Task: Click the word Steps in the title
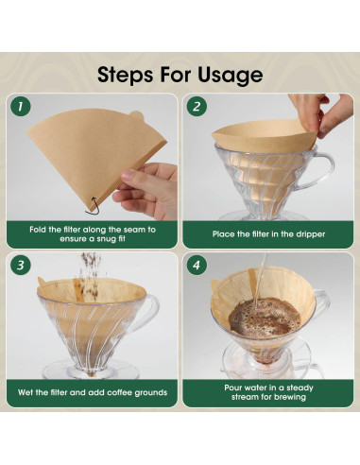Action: click(129, 75)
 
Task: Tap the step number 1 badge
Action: click(22, 107)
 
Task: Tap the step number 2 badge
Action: click(197, 107)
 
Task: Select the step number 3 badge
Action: click(22, 266)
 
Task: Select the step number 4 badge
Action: click(197, 266)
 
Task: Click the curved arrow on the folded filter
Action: click(92, 201)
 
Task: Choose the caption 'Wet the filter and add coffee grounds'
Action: click(91, 390)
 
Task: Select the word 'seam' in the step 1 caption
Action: click(133, 229)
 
